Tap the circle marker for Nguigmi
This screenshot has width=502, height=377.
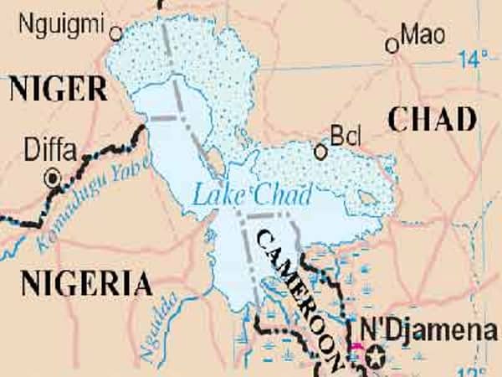pos(116,34)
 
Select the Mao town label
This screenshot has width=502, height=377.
pos(422,34)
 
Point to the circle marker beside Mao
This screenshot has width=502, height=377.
pos(392,45)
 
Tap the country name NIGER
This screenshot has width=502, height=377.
pos(58,88)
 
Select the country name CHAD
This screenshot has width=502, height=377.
pos(433,121)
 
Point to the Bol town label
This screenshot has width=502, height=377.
pos(345,136)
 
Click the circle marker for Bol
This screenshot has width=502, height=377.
pos(320,152)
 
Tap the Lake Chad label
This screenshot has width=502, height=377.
pos(252,194)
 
